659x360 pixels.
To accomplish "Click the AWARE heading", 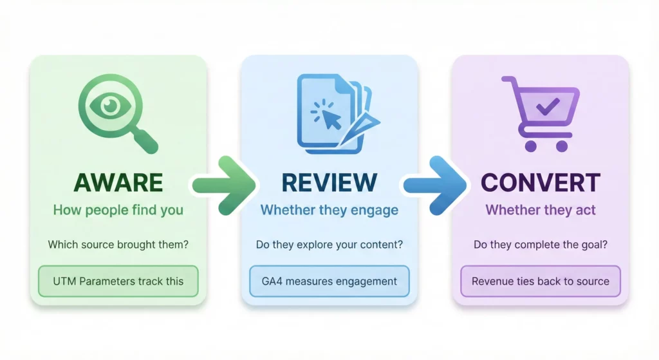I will (x=118, y=182).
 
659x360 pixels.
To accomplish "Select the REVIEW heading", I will (x=329, y=182).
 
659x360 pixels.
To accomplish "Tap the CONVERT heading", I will (x=541, y=182).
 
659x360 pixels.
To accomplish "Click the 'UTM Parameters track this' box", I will (x=118, y=281).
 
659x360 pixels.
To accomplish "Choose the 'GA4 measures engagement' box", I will (x=329, y=281).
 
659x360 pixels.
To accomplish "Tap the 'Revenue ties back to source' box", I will (x=541, y=281).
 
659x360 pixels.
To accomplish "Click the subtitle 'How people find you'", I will (x=118, y=210).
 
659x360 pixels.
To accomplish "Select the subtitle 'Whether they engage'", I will (x=329, y=210).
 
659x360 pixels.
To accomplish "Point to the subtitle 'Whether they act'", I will (x=541, y=210).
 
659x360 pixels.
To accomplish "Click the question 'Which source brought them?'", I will (x=118, y=245).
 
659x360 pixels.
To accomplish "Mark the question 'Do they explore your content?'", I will (x=329, y=245).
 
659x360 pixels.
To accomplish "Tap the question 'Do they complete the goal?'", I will (x=541, y=245).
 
